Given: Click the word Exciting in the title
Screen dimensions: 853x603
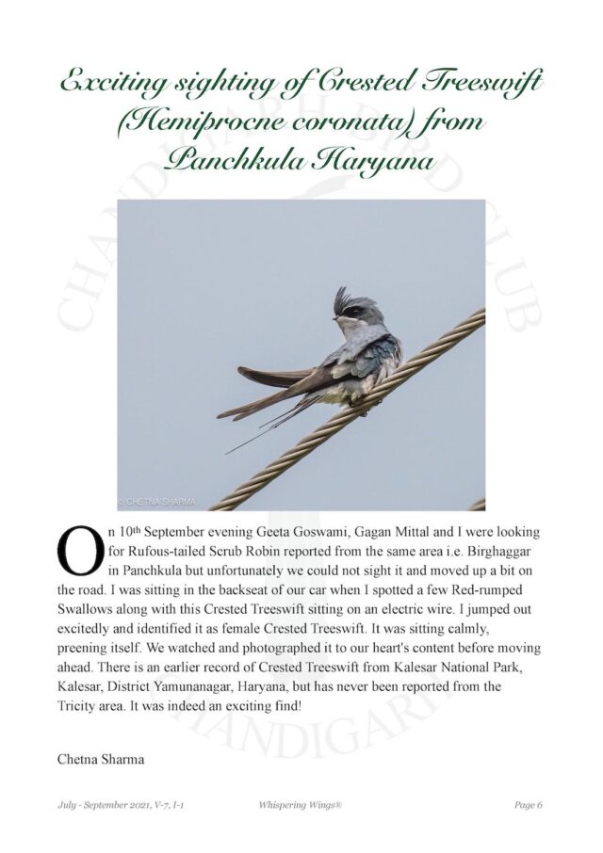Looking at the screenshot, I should coord(110,84).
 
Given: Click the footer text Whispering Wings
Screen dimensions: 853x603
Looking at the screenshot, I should coord(301,805).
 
